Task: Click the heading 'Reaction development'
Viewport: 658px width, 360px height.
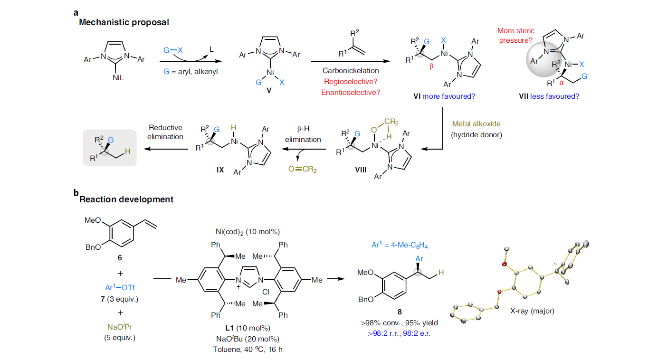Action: click(x=126, y=199)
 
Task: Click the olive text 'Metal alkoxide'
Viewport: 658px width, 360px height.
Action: click(x=476, y=123)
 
